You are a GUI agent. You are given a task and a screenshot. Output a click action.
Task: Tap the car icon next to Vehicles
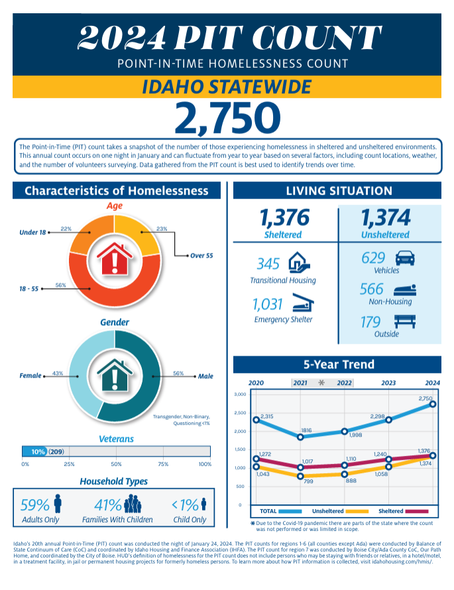tap(404, 258)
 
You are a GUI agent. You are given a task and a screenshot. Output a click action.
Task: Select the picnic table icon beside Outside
tap(404, 322)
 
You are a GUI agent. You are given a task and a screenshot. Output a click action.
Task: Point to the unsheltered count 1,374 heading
tap(385, 217)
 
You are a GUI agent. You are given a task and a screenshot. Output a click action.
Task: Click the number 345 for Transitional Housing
tap(268, 263)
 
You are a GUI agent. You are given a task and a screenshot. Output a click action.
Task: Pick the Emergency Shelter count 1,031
tap(268, 305)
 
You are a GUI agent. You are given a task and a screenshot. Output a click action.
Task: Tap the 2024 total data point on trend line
tap(432, 404)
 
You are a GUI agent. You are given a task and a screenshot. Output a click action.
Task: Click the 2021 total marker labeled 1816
tap(300, 437)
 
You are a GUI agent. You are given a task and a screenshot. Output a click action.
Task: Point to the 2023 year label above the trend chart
tap(388, 383)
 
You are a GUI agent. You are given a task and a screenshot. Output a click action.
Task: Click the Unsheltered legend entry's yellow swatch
tap(357, 512)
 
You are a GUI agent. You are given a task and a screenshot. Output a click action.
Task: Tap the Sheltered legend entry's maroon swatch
tap(418, 512)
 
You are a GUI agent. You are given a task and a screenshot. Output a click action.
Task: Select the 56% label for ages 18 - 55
tap(60, 285)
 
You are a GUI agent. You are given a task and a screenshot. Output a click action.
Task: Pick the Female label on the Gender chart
tap(30, 376)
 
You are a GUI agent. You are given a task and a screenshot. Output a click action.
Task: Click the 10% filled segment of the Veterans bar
tap(36, 451)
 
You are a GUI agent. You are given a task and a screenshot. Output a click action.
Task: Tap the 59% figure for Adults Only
tap(36, 505)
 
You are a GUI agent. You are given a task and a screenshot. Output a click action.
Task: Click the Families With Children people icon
tap(133, 504)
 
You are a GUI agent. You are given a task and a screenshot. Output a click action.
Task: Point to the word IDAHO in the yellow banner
tap(173, 87)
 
